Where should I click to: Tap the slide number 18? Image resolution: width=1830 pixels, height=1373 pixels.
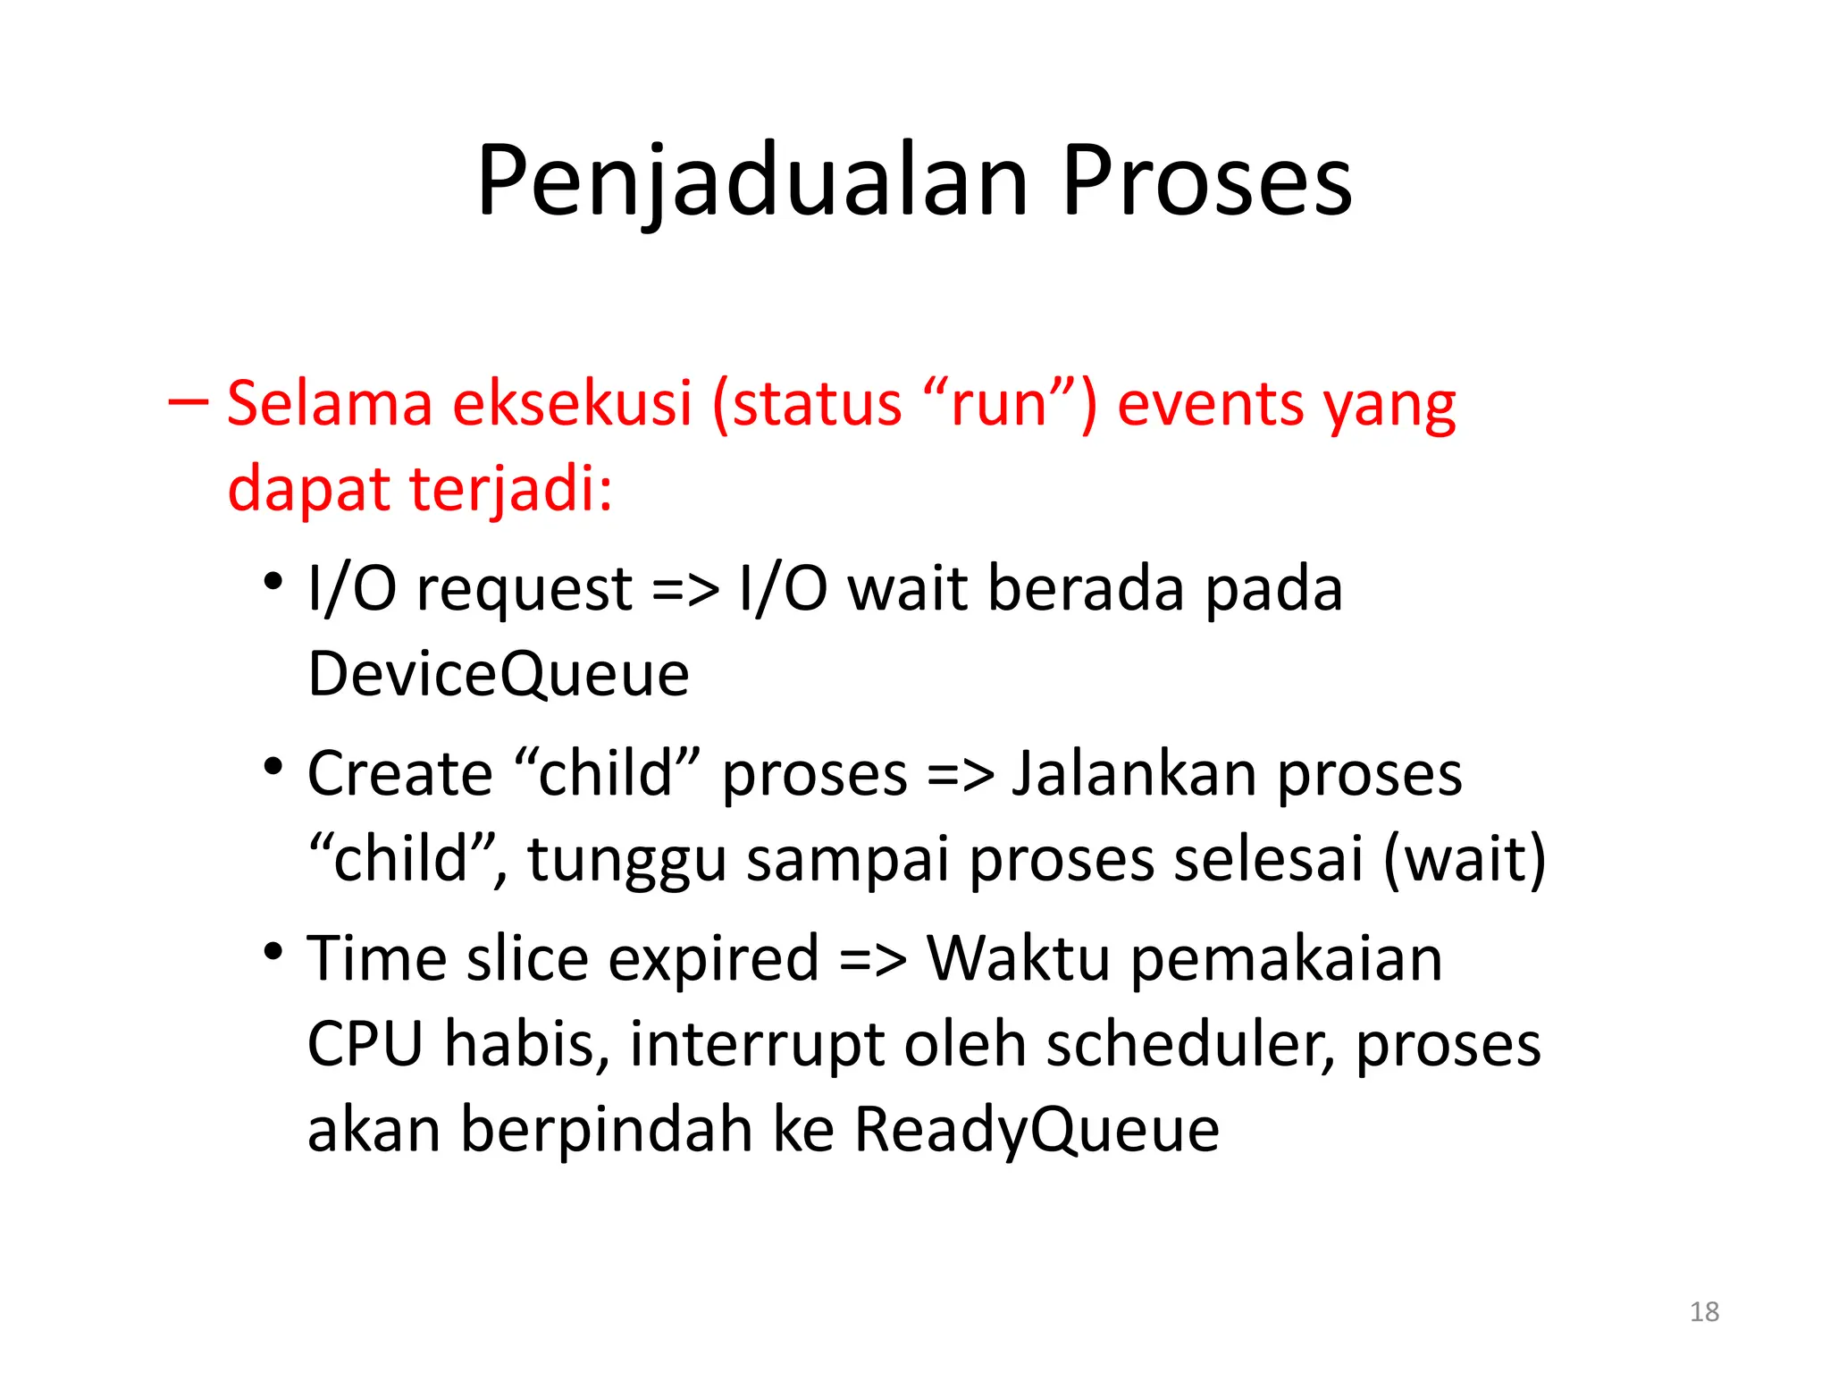click(1704, 1311)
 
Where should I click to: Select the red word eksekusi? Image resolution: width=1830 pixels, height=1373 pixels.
click(572, 404)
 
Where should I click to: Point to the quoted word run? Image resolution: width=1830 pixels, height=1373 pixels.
click(999, 404)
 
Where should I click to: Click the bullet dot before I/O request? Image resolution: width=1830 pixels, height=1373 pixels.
click(273, 583)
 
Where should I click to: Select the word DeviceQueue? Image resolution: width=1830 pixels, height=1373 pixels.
click(498, 675)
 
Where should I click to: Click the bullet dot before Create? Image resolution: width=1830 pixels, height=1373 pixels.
click(273, 767)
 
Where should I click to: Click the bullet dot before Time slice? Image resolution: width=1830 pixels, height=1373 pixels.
click(273, 951)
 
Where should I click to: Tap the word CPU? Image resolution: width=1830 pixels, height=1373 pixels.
click(365, 1044)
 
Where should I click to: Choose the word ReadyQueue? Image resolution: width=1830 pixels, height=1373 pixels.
click(1037, 1130)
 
